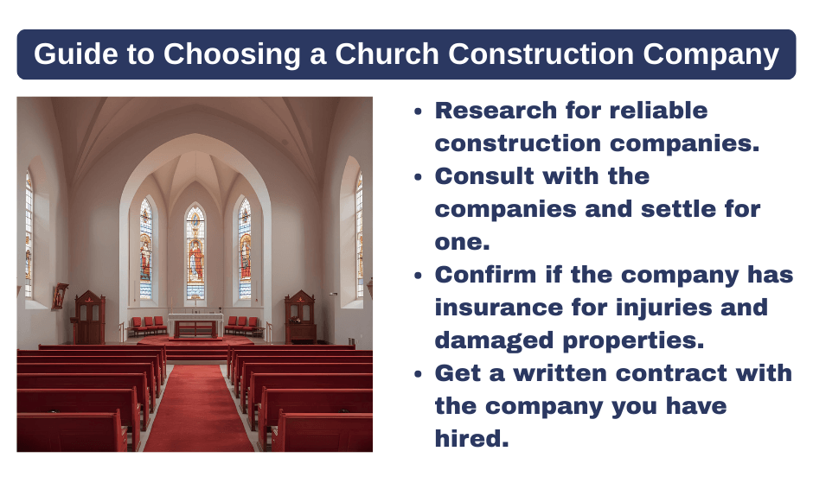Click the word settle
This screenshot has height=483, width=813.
point(666,209)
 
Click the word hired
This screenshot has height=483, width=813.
point(471,439)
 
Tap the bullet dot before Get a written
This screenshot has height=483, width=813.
point(419,374)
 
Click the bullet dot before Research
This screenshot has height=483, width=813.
point(419,111)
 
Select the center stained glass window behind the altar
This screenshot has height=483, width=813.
point(195,251)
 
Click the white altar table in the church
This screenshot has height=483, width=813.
point(195,326)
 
